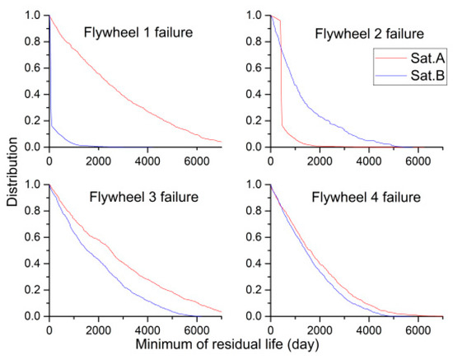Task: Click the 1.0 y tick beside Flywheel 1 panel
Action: coord(35,16)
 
